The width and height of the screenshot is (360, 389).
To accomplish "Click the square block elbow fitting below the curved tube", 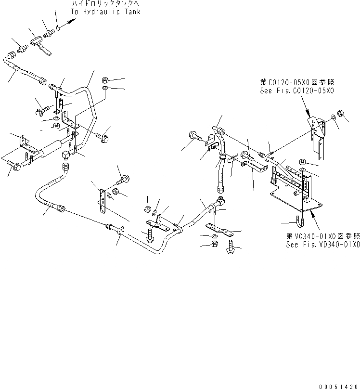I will pyautogui.click(x=66, y=155).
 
